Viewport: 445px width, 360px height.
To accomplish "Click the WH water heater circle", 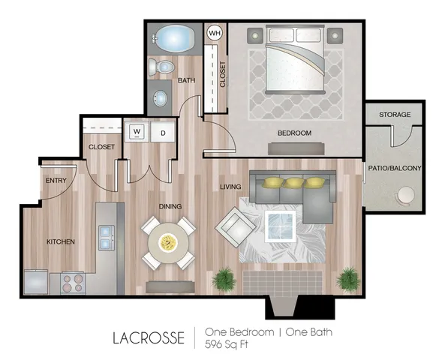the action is pyautogui.click(x=215, y=33).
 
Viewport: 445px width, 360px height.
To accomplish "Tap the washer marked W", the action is pyautogui.click(x=137, y=132).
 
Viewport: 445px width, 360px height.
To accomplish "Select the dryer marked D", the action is pyautogui.click(x=163, y=132).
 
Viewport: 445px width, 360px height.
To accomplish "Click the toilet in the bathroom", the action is pyautogui.click(x=161, y=67).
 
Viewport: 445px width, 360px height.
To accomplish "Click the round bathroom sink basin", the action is pyautogui.click(x=161, y=98).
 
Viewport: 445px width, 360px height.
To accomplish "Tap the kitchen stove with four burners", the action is pyautogui.click(x=73, y=283).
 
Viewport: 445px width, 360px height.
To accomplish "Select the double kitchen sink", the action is pyautogui.click(x=107, y=238).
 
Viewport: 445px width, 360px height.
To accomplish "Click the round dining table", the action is pyautogui.click(x=168, y=242).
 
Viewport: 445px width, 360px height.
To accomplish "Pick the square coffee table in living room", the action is pyautogui.click(x=280, y=226).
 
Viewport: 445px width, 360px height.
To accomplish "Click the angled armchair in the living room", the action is pyautogui.click(x=236, y=227).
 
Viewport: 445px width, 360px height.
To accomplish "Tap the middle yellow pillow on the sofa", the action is pyautogui.click(x=293, y=182).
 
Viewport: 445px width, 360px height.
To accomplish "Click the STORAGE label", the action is pyautogui.click(x=395, y=115).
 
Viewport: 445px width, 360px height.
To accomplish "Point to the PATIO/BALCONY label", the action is pyautogui.click(x=395, y=168).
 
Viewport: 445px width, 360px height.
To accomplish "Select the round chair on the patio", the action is pyautogui.click(x=405, y=196).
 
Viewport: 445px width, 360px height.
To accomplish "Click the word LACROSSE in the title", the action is pyautogui.click(x=149, y=337).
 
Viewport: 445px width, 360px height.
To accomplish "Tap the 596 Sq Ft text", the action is pyautogui.click(x=227, y=344).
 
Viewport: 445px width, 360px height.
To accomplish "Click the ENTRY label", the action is pyautogui.click(x=56, y=181).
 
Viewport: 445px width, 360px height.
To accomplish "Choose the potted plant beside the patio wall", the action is pyautogui.click(x=348, y=280).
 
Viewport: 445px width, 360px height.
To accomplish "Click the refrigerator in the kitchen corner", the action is pyautogui.click(x=36, y=282).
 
